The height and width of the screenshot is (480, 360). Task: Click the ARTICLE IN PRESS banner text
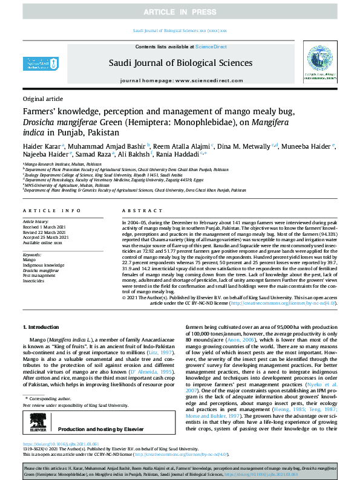tap(180, 12)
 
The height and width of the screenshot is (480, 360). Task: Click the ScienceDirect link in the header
tap(211, 47)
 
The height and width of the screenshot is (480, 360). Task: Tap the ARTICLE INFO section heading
tap(51, 210)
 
